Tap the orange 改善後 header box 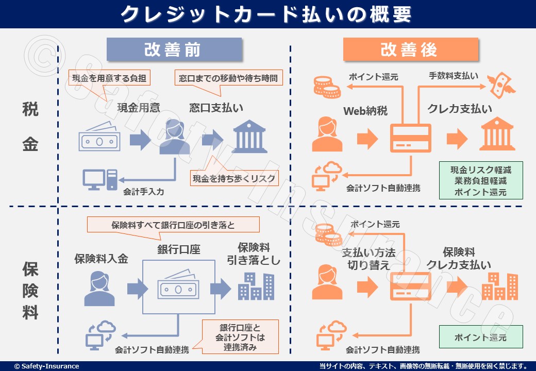tap(410, 50)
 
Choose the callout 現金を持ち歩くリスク tap(234, 179)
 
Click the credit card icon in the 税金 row tap(410, 138)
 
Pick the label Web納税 tap(365, 110)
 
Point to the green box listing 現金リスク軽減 tap(480, 181)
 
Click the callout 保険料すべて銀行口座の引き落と tap(173, 225)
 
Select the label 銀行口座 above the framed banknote tap(178, 250)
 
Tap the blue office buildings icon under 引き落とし tap(256, 286)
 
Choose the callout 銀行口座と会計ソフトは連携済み tap(240, 337)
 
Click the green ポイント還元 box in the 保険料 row tap(480, 338)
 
